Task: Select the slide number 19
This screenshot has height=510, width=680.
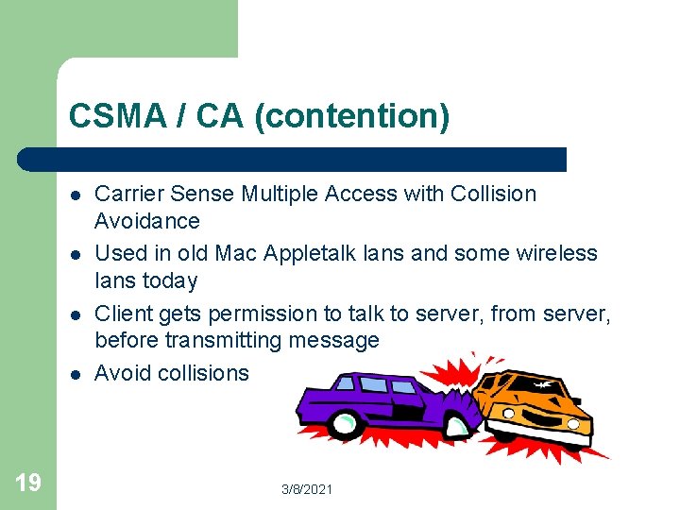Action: coord(28,484)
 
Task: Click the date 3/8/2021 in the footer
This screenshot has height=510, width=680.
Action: coord(307,489)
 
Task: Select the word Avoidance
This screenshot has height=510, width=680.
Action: coord(147,221)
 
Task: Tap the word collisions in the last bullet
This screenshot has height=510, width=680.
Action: coord(202,373)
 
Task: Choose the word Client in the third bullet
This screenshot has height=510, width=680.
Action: coord(123,314)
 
